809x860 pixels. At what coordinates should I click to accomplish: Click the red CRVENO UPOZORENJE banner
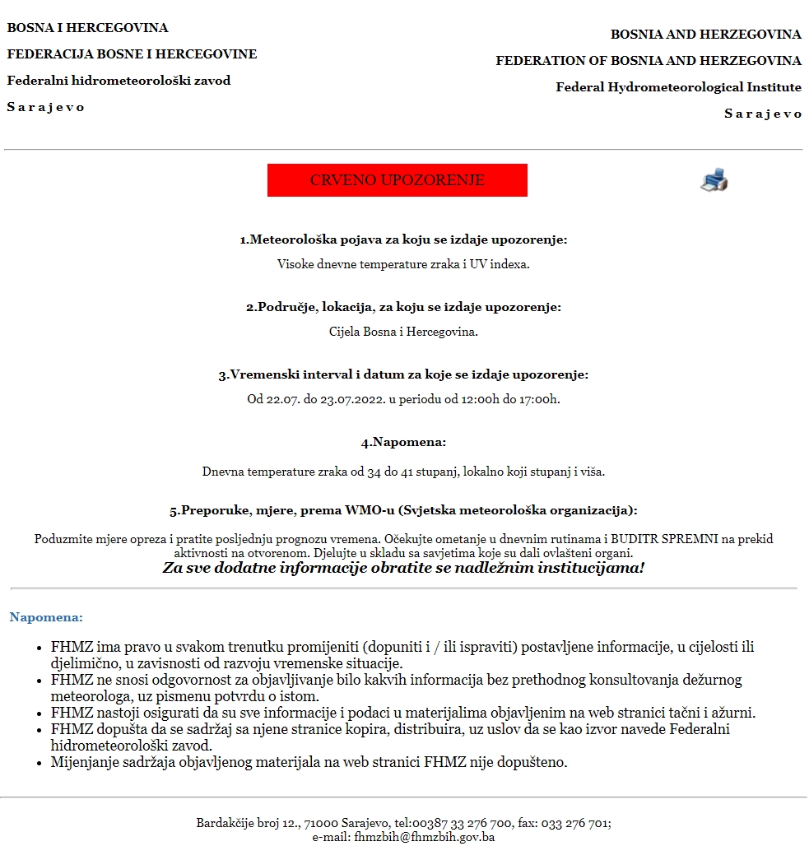tap(397, 180)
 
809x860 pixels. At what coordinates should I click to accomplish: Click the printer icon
tap(714, 180)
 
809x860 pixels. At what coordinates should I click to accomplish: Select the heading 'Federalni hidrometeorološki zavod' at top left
tap(119, 81)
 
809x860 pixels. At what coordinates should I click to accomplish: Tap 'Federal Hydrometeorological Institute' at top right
tap(678, 87)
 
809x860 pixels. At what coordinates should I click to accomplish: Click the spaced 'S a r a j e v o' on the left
tap(46, 107)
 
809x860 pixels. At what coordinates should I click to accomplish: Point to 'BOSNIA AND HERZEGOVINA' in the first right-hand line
tap(705, 35)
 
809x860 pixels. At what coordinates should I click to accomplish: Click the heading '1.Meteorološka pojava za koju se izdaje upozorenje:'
tap(403, 239)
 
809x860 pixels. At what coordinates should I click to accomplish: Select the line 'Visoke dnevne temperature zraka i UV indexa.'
tap(403, 264)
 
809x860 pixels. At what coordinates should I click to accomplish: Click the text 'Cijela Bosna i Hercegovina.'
tap(403, 332)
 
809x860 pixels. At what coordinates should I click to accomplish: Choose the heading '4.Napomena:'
tap(403, 442)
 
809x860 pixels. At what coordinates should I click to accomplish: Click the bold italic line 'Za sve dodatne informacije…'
tap(403, 568)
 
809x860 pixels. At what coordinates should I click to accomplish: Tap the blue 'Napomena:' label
tap(46, 616)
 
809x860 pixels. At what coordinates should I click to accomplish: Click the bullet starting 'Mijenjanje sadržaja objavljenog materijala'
tap(309, 761)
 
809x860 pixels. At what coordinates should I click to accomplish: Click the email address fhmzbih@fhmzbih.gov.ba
tap(424, 837)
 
